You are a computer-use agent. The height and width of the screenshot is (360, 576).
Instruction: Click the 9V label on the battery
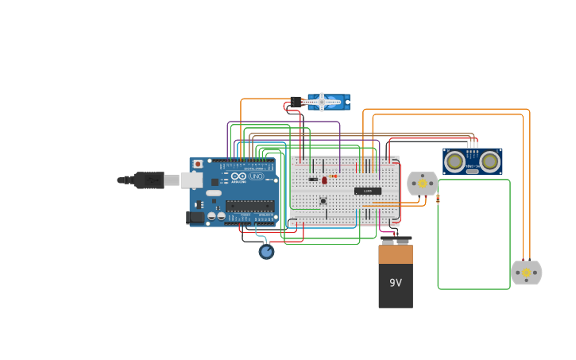pos(395,282)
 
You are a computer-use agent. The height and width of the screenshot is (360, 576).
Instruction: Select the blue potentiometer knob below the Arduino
pos(266,251)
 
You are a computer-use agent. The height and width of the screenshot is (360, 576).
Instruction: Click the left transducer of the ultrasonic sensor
pos(454,161)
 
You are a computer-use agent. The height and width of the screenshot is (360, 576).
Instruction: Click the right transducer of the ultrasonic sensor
pos(490,161)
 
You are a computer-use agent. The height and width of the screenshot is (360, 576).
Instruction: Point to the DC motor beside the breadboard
pos(422,184)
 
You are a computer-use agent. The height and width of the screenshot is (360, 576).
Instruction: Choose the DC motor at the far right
pos(526,273)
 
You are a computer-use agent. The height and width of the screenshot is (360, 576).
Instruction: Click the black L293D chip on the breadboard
pos(367,191)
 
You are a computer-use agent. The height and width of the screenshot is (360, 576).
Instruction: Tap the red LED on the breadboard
pos(324,180)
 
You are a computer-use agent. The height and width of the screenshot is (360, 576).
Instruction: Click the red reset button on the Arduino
pos(198,164)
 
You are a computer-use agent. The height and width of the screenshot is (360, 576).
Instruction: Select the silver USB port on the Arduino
pos(191,180)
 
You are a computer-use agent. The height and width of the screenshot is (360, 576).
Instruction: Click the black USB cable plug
pos(149,180)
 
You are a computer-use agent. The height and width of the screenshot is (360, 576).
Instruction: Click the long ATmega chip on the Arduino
pos(249,206)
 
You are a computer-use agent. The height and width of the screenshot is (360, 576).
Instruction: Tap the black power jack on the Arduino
pos(195,217)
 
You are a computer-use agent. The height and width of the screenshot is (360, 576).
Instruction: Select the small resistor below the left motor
pos(438,199)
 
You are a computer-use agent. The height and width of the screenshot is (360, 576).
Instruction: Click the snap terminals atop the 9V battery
pos(395,240)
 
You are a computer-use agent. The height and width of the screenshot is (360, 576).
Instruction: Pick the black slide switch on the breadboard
pos(313,179)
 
